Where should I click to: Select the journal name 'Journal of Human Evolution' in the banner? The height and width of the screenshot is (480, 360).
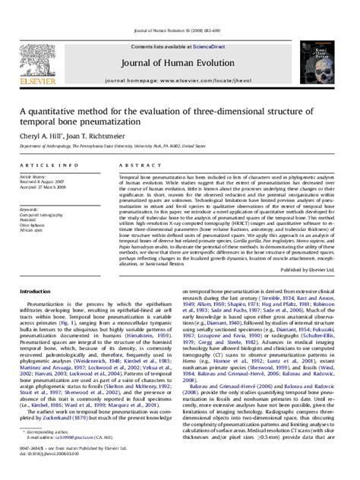[x=179, y=42]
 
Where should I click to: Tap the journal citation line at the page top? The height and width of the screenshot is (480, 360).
[x=179, y=8]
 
